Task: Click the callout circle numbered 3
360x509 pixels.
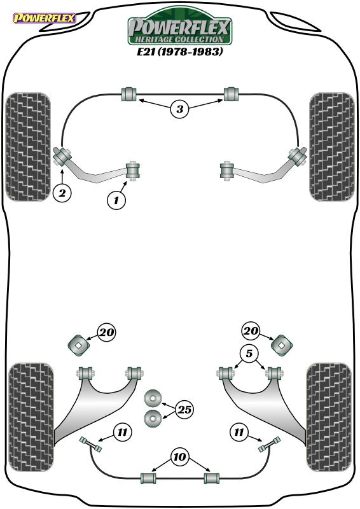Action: [179, 109]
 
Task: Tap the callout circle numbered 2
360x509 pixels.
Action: [62, 193]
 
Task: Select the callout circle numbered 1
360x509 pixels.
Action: [116, 200]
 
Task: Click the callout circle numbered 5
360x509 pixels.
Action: [249, 353]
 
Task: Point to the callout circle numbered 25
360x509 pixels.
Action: [184, 409]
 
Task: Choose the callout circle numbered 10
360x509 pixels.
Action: [179, 457]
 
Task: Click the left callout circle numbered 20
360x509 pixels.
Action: [107, 332]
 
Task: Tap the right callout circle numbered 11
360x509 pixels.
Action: [239, 432]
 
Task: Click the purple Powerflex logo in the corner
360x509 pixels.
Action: [45, 18]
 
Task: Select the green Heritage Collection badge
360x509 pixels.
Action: [179, 27]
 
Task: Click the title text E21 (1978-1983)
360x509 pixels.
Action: [179, 52]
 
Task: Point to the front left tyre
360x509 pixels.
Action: [28, 147]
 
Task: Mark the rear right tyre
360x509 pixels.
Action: [329, 417]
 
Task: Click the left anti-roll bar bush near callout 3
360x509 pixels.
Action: [129, 94]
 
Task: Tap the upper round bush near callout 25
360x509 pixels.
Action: [153, 398]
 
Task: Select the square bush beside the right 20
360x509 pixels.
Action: [282, 345]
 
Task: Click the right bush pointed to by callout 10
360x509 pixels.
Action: [212, 478]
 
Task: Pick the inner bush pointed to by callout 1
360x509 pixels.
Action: [133, 171]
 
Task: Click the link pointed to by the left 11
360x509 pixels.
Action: [90, 444]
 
